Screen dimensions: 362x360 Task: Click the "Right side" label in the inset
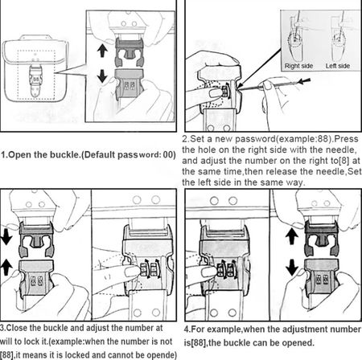tap(298, 66)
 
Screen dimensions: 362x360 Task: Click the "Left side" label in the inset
tap(338, 66)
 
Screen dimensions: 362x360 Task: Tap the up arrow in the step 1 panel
tap(102, 51)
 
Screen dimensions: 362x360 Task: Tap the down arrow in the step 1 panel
tap(102, 76)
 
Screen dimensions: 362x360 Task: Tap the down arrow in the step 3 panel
tap(6, 238)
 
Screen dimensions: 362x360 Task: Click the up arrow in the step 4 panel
tap(292, 237)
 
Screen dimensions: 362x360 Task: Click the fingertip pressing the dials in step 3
tap(132, 272)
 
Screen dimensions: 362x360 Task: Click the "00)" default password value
tap(169, 155)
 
